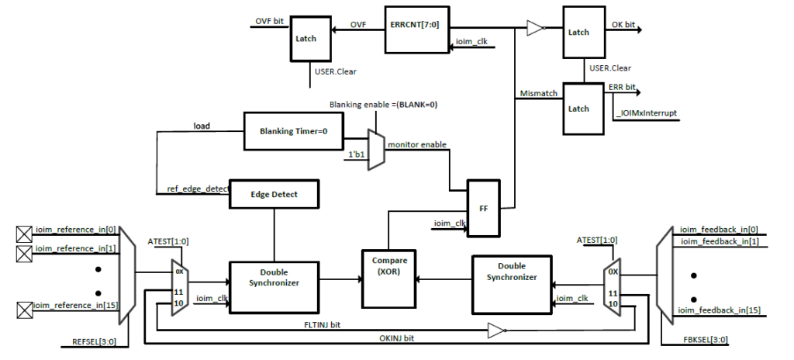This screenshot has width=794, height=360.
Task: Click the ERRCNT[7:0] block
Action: [x=416, y=29]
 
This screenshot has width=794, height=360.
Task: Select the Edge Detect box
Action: [x=274, y=195]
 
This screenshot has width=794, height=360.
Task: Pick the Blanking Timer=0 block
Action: [x=293, y=131]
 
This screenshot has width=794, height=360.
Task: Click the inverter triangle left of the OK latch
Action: [x=535, y=29]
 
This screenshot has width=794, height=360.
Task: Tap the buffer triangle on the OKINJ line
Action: [x=495, y=330]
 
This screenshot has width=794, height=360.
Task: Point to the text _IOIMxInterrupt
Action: [x=646, y=113]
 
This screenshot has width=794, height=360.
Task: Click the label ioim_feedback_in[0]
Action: [x=719, y=229]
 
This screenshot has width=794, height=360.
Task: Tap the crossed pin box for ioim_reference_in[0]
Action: [x=24, y=231]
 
